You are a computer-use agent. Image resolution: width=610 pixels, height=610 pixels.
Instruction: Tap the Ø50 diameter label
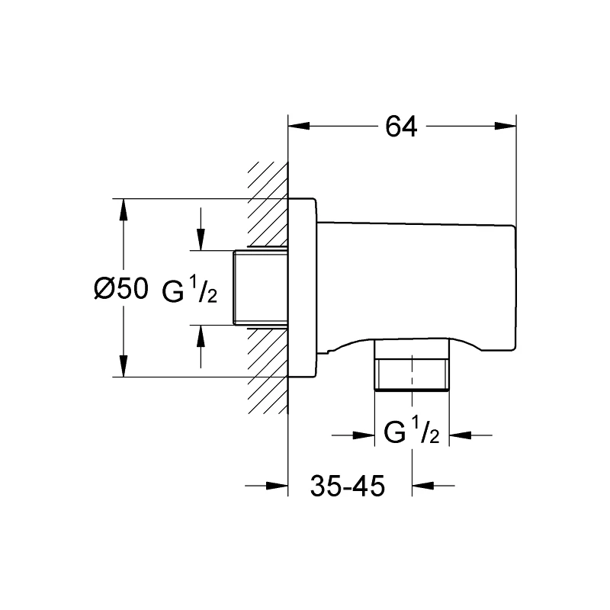tap(120, 289)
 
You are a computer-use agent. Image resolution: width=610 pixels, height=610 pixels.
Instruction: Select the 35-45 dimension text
tap(347, 485)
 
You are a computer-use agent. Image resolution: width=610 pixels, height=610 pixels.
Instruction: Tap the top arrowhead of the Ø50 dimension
tap(122, 209)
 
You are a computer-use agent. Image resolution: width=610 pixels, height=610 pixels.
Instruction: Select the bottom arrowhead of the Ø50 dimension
tap(122, 367)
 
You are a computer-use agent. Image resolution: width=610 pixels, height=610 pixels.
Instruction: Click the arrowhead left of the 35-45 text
tap(278, 485)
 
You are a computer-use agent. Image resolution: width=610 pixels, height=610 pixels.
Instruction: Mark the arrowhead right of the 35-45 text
tap(422, 485)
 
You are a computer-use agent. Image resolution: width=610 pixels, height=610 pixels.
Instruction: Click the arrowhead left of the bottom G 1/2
tap(365, 435)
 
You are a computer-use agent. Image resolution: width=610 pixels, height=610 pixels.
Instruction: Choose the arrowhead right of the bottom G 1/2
tap(457, 435)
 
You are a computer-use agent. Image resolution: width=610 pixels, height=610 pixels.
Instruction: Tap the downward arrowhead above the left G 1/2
tap(201, 240)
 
